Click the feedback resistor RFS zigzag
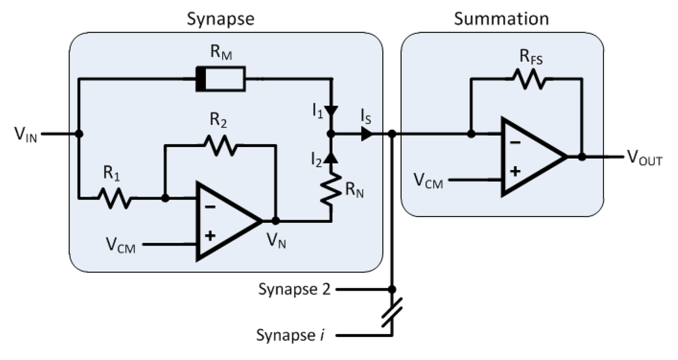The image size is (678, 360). pyautogui.click(x=526, y=79)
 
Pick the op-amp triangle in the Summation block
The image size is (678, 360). pyautogui.click(x=530, y=157)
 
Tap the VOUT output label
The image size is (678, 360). pyautogui.click(x=644, y=159)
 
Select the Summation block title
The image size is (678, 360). pyautogui.click(x=501, y=19)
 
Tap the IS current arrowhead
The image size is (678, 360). pyautogui.click(x=365, y=134)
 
